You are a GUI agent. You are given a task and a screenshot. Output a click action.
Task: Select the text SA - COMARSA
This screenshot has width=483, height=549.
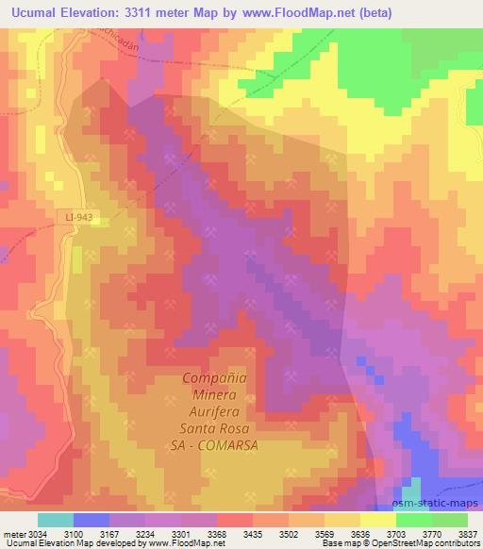pos(218,443)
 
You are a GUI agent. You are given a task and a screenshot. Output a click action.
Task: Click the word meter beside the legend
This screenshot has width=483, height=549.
pos(19,533)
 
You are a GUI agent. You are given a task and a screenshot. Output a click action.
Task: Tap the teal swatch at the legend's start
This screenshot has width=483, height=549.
pos(55,520)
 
